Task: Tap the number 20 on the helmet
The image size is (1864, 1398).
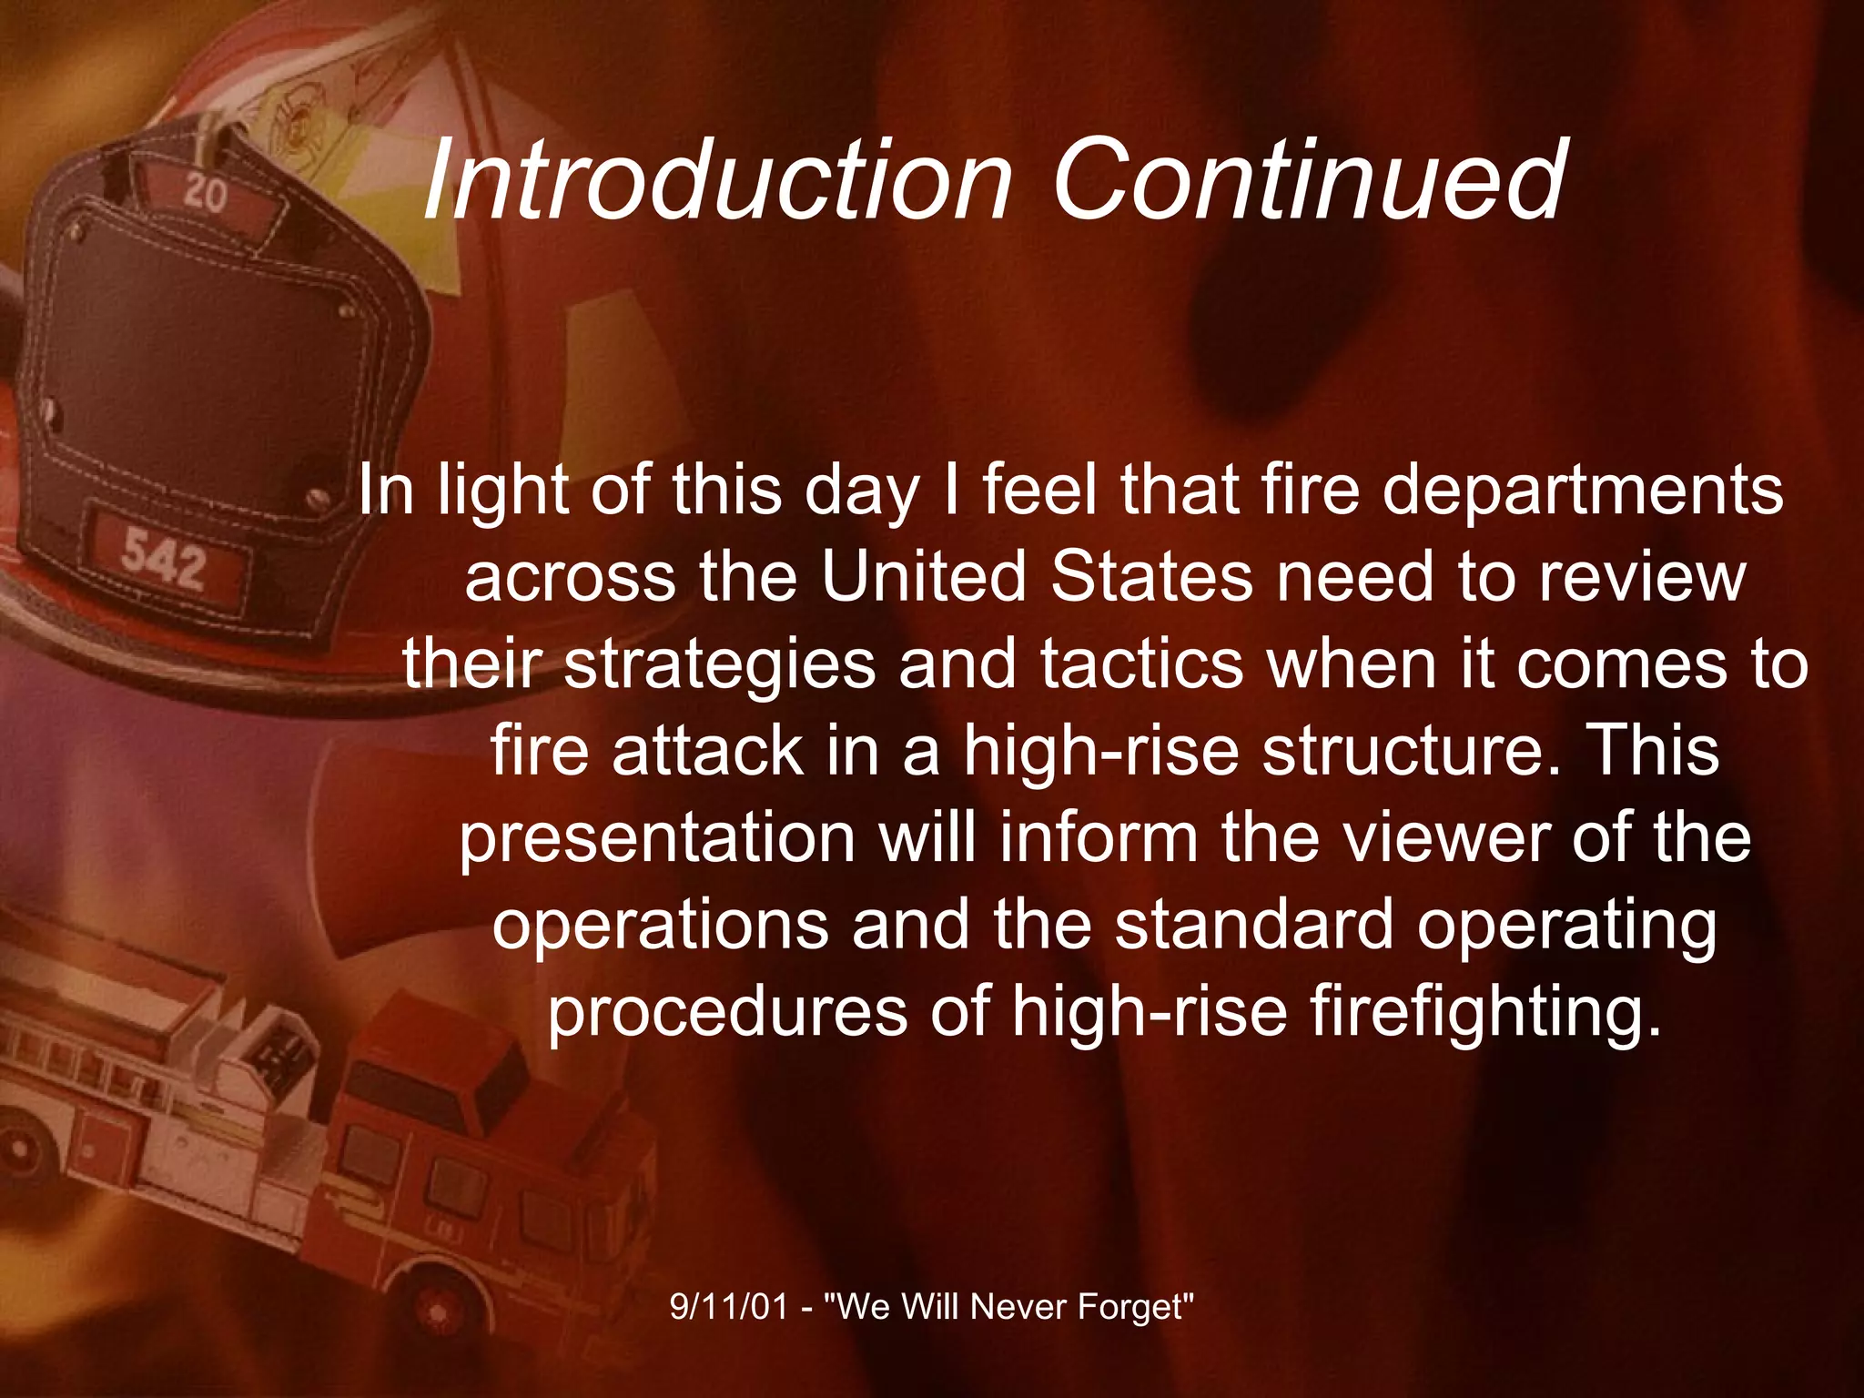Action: (x=206, y=193)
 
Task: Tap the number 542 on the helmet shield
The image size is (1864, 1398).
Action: (x=165, y=559)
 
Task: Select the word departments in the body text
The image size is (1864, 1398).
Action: (x=1583, y=491)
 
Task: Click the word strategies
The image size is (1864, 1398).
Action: (x=719, y=665)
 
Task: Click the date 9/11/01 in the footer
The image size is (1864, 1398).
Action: (x=728, y=1307)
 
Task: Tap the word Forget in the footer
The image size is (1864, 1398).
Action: (x=1134, y=1307)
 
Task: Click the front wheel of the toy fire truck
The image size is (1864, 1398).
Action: (x=438, y=1311)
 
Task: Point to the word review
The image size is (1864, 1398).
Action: (x=1642, y=578)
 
